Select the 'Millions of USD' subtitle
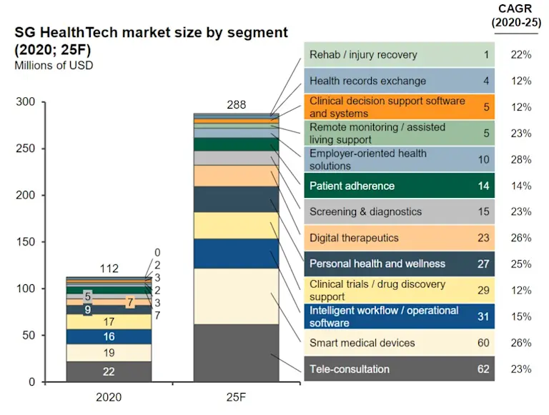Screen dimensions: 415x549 click(54, 65)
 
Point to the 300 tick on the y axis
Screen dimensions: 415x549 click(26, 102)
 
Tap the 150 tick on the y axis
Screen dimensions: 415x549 click(26, 242)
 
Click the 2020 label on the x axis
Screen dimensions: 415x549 click(109, 397)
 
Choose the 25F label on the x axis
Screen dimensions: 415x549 click(236, 397)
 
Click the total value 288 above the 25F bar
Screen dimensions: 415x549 click(236, 105)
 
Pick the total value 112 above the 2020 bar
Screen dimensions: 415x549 click(109, 269)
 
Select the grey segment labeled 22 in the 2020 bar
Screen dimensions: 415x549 click(109, 371)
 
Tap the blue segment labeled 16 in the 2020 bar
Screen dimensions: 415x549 click(109, 336)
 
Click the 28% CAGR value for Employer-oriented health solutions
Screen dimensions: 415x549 click(521, 159)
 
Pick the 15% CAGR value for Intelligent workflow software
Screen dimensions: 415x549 click(521, 316)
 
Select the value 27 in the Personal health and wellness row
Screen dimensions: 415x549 click(483, 264)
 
